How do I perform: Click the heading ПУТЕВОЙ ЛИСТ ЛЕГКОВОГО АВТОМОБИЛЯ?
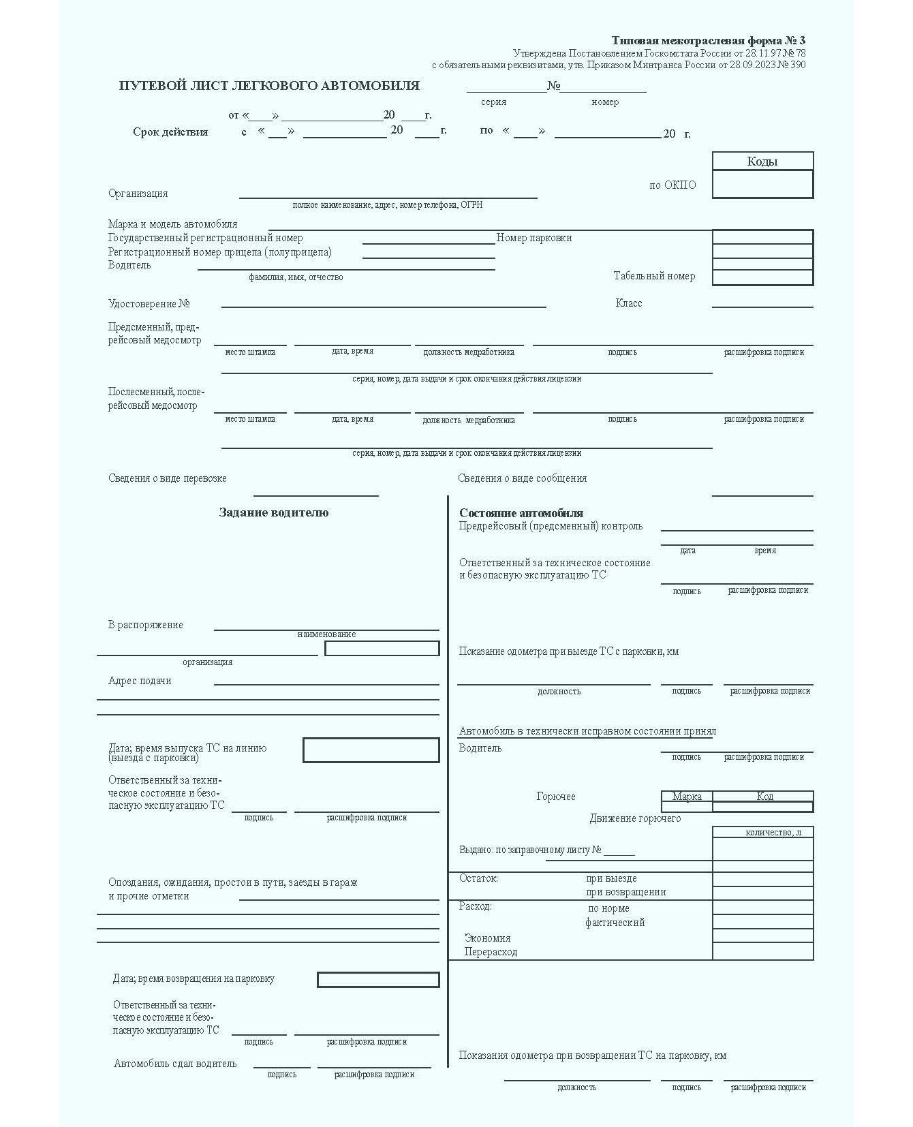point(269,86)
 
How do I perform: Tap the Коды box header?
point(762,161)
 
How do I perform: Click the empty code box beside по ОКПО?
point(762,184)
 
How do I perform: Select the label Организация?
point(138,194)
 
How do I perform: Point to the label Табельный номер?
point(654,276)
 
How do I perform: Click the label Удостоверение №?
point(149,304)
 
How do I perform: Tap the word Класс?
point(628,303)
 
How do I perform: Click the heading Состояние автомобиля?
point(521,513)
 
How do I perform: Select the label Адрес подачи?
point(140,681)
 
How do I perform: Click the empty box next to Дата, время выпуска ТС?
point(371,750)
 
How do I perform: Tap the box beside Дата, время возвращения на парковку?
point(378,980)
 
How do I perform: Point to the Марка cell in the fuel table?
point(687,796)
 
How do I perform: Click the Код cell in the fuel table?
point(764,796)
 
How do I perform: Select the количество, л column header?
point(773,833)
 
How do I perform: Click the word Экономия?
point(487,938)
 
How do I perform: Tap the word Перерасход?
point(491,952)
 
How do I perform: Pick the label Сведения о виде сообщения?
point(522,478)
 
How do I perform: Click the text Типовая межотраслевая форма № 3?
point(708,40)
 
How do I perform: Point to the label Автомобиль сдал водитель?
point(175,1064)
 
